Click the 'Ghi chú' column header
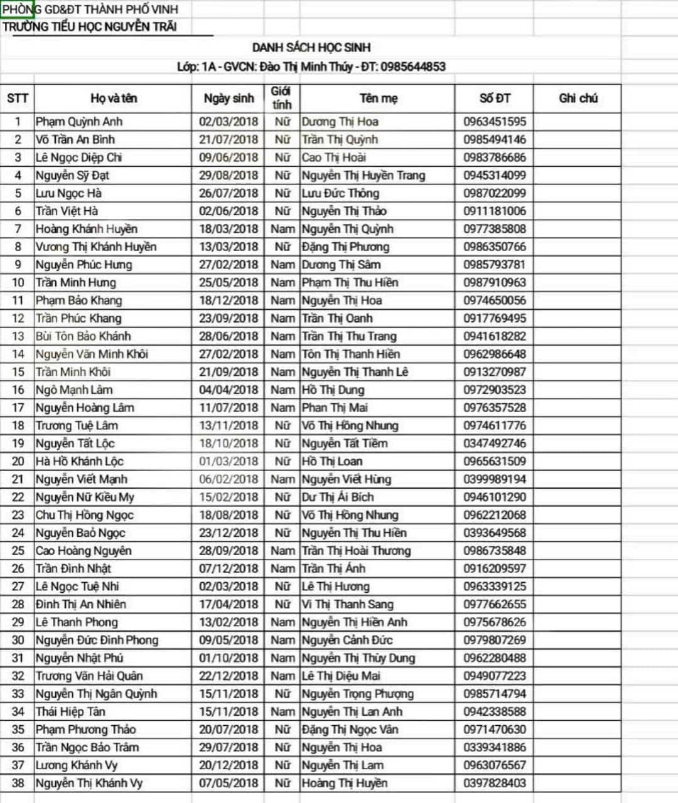tap(578, 98)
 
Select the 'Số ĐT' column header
tap(495, 98)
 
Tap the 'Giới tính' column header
tap(281, 98)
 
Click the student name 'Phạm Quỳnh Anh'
tap(79, 122)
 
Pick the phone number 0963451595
tap(495, 122)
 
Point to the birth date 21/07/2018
tap(229, 139)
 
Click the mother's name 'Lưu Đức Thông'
tap(340, 193)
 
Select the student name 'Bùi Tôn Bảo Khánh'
tap(83, 336)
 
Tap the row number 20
tap(18, 461)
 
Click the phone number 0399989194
tap(495, 479)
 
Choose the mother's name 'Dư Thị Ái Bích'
tap(338, 497)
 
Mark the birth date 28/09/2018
tap(229, 551)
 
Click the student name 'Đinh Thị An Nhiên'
tap(80, 604)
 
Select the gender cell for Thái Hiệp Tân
tap(282, 711)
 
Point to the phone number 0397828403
tap(495, 783)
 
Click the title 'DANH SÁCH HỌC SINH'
tap(311, 48)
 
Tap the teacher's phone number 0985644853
tap(412, 66)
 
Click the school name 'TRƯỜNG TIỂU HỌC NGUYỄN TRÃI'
tap(89, 26)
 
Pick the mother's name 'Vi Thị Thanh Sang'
tap(347, 604)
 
